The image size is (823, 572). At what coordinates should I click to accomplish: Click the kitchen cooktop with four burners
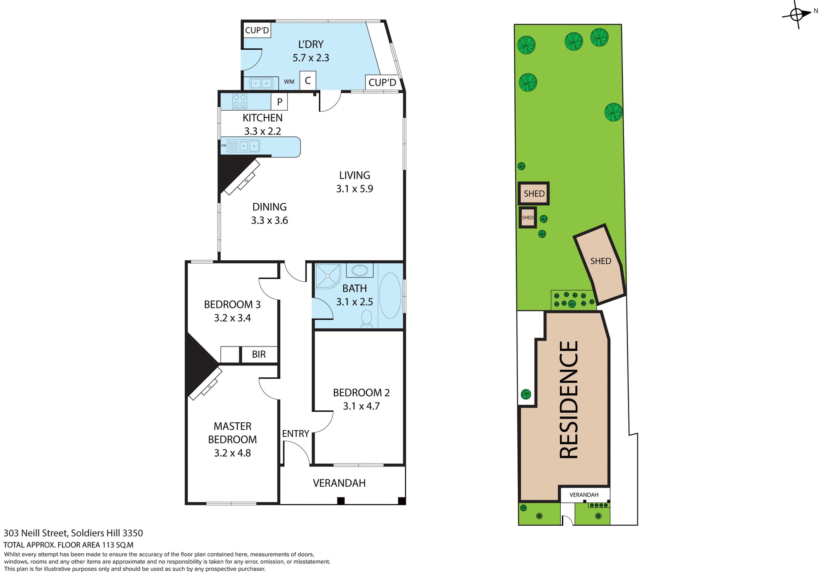[x=239, y=101]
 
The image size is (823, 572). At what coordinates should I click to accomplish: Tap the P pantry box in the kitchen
[x=279, y=102]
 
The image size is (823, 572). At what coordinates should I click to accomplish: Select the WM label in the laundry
[x=289, y=82]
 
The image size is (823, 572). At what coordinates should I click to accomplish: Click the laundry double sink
[x=261, y=83]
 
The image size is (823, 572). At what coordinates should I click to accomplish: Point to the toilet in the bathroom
[x=366, y=319]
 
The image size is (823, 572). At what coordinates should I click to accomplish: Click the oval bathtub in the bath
[x=390, y=295]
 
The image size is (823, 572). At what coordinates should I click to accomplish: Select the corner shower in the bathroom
[x=327, y=276]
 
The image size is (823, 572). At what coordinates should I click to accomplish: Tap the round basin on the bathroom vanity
[x=360, y=271]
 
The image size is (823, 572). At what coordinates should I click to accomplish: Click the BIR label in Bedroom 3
[x=259, y=355]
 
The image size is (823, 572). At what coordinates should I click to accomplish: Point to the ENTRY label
[x=295, y=434]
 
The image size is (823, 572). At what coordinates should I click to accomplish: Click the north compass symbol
[x=797, y=15]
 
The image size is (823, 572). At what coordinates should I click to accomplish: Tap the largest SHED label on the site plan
[x=601, y=261]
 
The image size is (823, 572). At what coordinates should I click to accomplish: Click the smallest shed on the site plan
[x=528, y=217]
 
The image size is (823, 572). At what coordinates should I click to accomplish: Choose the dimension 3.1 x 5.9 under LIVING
[x=354, y=189]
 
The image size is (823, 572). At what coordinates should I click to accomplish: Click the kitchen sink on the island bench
[x=249, y=146]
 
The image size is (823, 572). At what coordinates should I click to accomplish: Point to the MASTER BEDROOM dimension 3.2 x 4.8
[x=232, y=453]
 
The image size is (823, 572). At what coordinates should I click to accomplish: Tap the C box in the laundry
[x=308, y=81]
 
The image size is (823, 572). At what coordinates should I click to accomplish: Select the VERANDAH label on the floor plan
[x=339, y=483]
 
